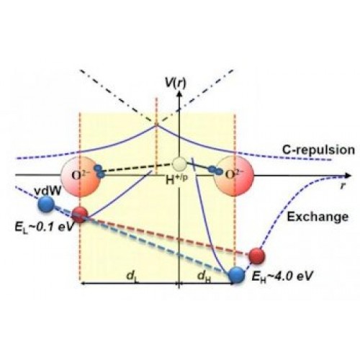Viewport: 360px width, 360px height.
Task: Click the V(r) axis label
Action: (x=175, y=83)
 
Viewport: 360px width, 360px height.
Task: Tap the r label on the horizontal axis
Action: (x=343, y=185)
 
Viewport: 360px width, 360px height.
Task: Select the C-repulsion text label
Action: (x=318, y=150)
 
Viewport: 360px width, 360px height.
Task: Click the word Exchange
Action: (x=318, y=217)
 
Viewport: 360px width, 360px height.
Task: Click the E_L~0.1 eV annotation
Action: (x=43, y=227)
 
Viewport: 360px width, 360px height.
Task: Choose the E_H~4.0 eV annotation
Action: (x=282, y=276)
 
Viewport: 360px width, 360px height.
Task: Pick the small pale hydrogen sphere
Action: (x=179, y=164)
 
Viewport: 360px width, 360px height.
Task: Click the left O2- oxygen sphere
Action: (x=80, y=176)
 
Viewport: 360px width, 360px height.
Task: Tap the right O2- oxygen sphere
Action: (x=234, y=176)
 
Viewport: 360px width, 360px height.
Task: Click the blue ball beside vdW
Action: (x=46, y=204)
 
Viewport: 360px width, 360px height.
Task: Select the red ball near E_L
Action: (x=80, y=215)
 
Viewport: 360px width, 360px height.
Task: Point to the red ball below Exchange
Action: (x=256, y=256)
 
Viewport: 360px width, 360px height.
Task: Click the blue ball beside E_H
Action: (x=237, y=275)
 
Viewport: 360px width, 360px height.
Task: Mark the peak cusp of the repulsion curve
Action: (x=156, y=125)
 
